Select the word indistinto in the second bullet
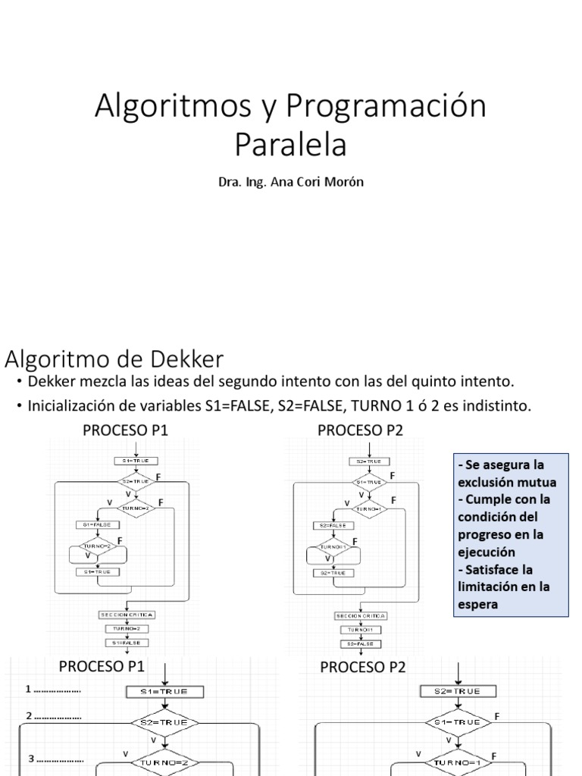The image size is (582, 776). pyautogui.click(x=497, y=406)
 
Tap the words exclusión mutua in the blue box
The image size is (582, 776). pyautogui.click(x=507, y=481)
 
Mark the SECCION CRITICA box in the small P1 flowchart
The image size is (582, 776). pyautogui.click(x=127, y=614)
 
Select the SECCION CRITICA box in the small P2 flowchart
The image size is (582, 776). pyautogui.click(x=361, y=616)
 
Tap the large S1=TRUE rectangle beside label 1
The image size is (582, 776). pyautogui.click(x=165, y=691)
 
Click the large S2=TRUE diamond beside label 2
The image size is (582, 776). pyautogui.click(x=165, y=723)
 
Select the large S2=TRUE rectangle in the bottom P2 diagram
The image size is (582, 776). pyautogui.click(x=458, y=691)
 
